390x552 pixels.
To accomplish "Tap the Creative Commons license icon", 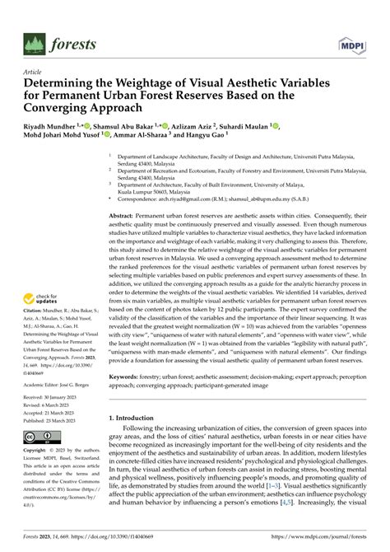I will click(x=39, y=435).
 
